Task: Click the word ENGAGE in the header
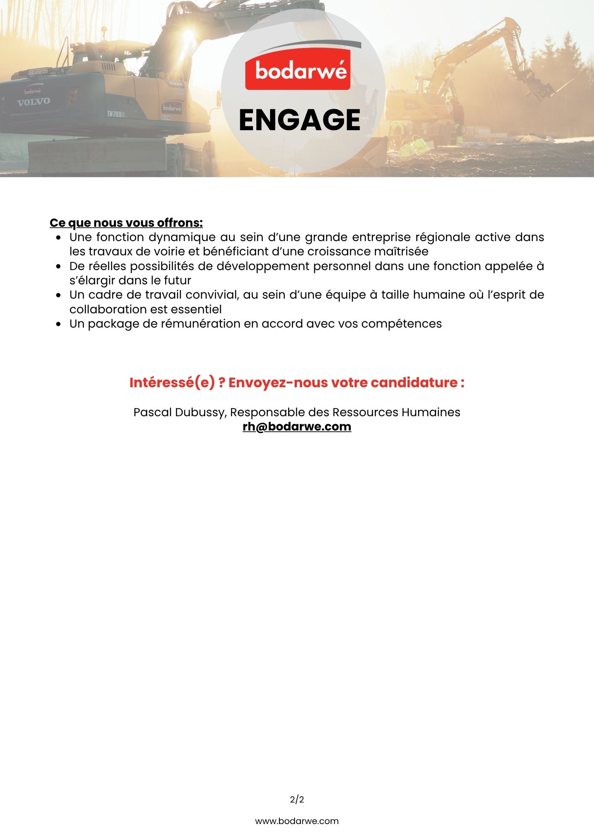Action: (300, 120)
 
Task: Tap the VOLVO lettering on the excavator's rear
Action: (34, 102)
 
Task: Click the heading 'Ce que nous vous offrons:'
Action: (126, 223)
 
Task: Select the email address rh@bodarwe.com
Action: (297, 427)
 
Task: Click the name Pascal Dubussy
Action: (179, 412)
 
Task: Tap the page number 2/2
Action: (297, 800)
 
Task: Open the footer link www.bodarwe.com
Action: (297, 821)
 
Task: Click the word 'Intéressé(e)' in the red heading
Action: (172, 383)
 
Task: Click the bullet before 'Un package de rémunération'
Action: (59, 324)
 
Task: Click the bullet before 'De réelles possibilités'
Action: (59, 267)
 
